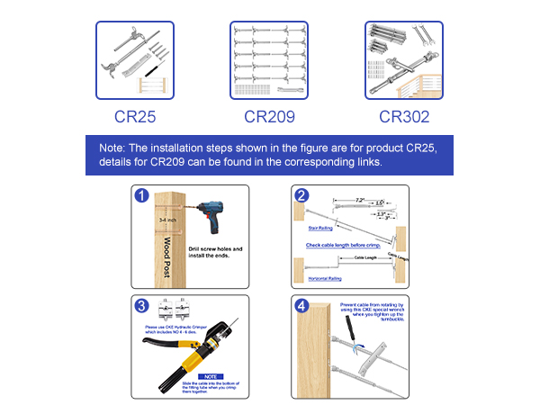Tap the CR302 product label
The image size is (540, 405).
click(403, 116)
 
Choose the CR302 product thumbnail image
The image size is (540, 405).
click(403, 60)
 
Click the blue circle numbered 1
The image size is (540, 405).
click(140, 196)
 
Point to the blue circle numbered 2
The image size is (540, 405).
click(302, 196)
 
